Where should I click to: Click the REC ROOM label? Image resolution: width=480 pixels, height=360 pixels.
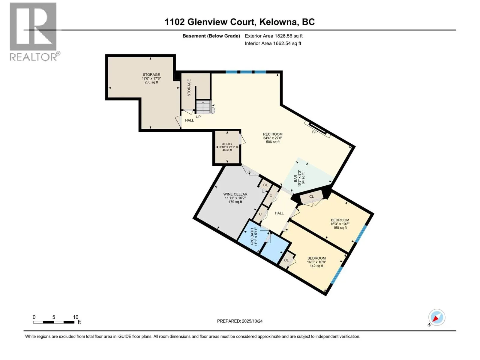(x=273, y=138)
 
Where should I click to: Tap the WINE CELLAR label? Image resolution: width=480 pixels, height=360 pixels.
(x=235, y=198)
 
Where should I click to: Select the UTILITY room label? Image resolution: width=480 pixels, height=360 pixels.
(x=227, y=147)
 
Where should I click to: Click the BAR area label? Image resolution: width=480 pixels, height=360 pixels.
(x=299, y=178)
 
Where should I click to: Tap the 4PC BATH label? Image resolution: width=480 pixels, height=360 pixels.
(x=254, y=237)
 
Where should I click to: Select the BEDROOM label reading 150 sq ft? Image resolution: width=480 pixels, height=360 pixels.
(x=340, y=224)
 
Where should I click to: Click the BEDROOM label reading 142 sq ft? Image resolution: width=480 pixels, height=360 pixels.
(x=316, y=262)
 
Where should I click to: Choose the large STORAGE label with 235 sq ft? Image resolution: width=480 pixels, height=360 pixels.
(x=151, y=78)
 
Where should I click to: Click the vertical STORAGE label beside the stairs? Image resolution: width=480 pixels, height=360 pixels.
(x=189, y=88)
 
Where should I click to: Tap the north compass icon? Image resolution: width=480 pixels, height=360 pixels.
(x=436, y=317)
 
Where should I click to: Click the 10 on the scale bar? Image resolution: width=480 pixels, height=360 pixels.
(x=76, y=317)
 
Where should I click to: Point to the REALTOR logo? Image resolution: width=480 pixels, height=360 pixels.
(x=33, y=31)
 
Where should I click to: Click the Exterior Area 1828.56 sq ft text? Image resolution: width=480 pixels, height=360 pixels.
(x=274, y=36)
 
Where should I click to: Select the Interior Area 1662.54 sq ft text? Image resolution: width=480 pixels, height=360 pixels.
(x=273, y=43)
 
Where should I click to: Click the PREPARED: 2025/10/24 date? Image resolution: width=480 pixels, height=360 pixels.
(x=240, y=321)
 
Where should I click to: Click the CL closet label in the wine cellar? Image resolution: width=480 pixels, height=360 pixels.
(x=265, y=185)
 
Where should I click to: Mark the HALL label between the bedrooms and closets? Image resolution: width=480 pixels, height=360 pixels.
(x=279, y=213)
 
